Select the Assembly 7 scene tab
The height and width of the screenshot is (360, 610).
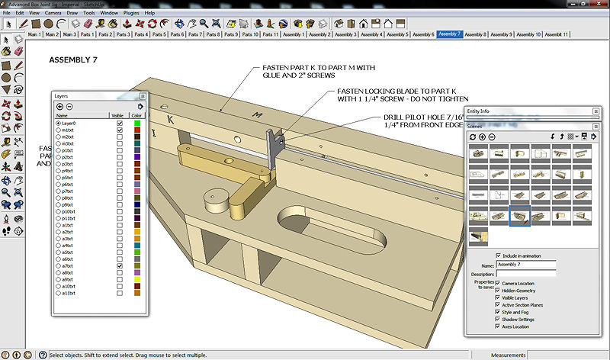(x=449, y=34)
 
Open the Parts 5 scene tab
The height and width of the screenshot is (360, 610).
(x=158, y=34)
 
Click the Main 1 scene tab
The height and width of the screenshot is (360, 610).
(x=34, y=34)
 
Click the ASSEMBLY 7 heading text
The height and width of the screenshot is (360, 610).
(x=74, y=59)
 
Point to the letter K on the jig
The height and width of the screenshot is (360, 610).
(x=170, y=120)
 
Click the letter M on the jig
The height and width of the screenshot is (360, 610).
(x=258, y=116)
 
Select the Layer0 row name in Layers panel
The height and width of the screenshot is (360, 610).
(x=70, y=123)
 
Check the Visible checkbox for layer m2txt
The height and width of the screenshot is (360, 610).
(x=120, y=137)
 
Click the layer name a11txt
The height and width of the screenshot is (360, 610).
(x=69, y=293)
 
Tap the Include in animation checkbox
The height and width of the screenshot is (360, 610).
(x=499, y=256)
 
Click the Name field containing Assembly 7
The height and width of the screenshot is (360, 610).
(x=526, y=264)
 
